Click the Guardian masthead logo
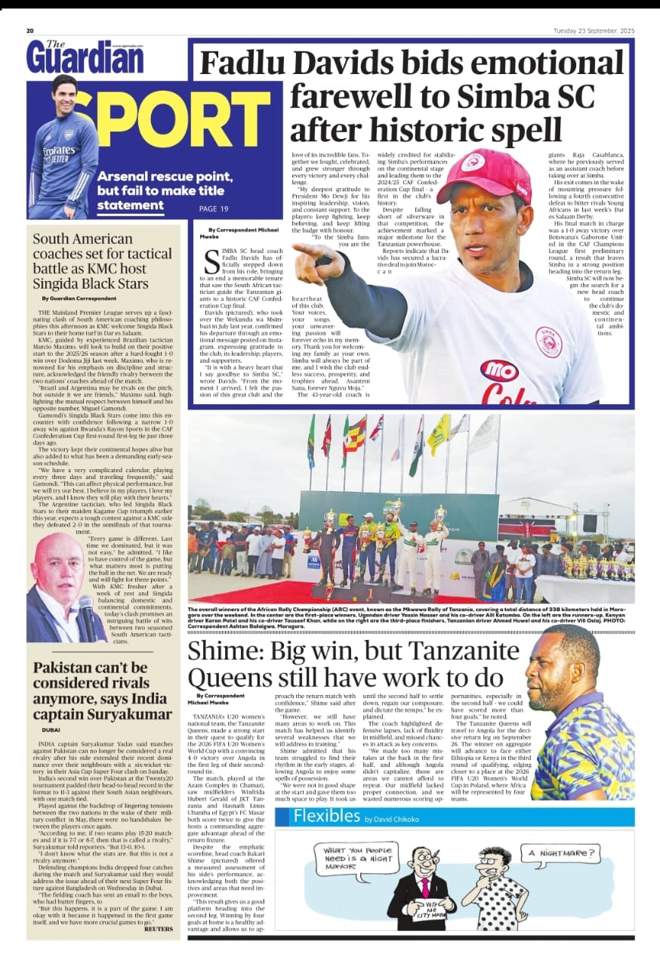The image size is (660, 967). tap(85, 56)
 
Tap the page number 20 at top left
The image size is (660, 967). tap(30, 31)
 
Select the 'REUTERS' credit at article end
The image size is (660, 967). tap(158, 928)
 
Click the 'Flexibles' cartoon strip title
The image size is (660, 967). tap(326, 816)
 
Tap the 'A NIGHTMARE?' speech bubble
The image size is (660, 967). tap(560, 855)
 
